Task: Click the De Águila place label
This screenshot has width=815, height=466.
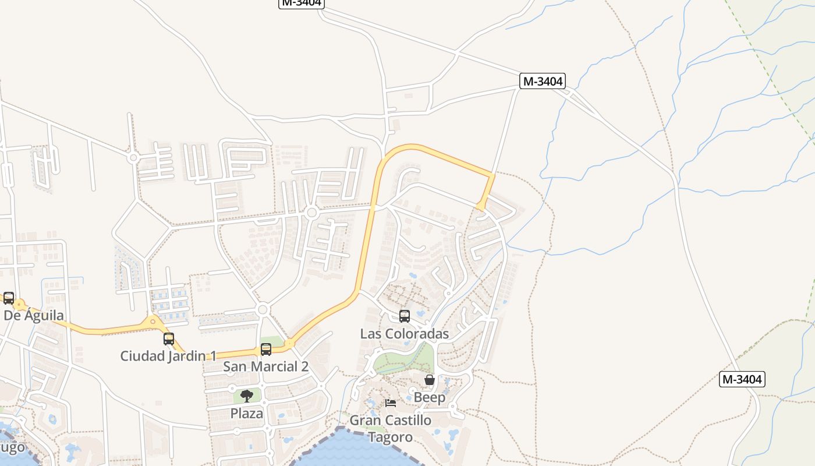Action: [x=34, y=315]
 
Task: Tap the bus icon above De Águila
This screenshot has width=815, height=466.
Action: [x=9, y=298]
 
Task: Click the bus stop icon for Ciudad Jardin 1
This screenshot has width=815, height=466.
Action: [x=169, y=339]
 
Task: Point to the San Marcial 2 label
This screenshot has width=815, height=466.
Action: [x=265, y=366]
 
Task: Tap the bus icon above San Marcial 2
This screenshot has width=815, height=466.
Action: [x=266, y=349]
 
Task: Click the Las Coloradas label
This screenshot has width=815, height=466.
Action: [x=404, y=334]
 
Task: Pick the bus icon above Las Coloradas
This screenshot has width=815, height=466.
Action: [x=405, y=316]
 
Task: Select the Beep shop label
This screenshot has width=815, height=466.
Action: [x=429, y=398]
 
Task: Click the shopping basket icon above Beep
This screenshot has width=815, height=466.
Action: [x=430, y=380]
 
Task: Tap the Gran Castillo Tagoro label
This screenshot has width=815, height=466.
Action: [x=391, y=428]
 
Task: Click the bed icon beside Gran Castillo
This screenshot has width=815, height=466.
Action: [x=391, y=403]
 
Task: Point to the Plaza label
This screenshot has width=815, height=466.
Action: [x=247, y=413]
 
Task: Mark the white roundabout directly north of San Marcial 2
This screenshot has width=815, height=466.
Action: [x=263, y=309]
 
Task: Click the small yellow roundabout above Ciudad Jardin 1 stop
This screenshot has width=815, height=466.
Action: [x=153, y=320]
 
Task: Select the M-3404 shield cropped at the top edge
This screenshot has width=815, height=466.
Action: [x=301, y=3]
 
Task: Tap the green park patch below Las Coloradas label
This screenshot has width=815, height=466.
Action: [x=408, y=358]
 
